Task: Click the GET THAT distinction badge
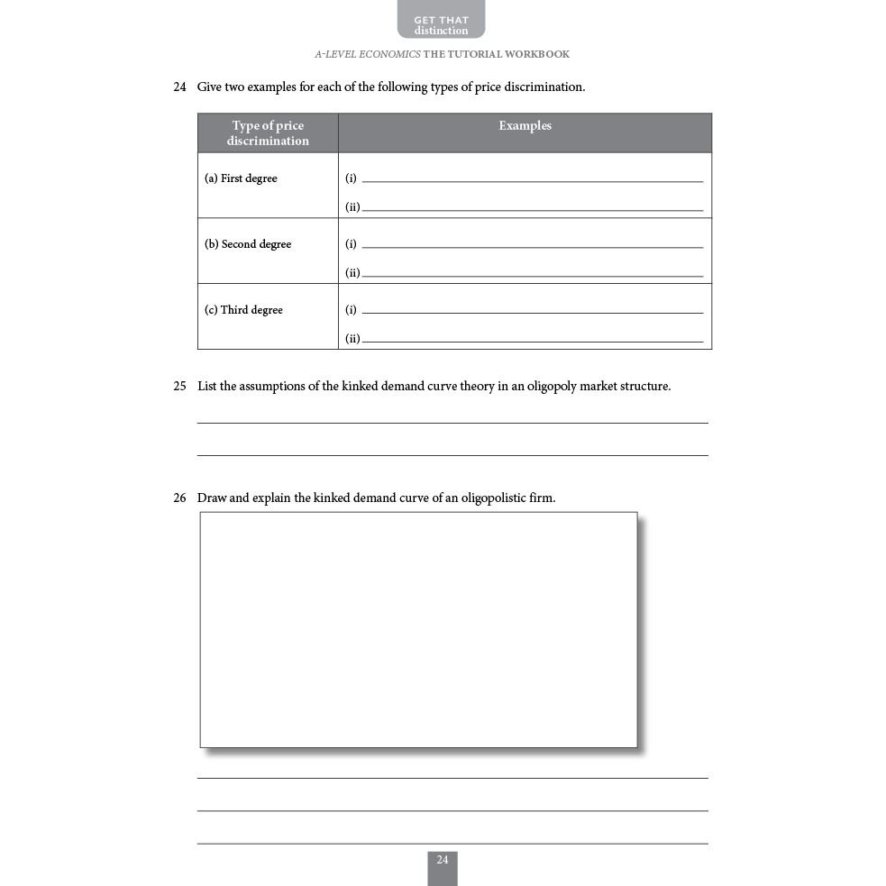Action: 441,24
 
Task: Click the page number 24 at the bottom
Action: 442,861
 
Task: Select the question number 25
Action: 179,387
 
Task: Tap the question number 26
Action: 179,498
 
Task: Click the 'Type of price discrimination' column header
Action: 268,133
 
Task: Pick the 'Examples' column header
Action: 525,126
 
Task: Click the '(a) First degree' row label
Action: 241,178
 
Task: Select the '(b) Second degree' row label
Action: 248,244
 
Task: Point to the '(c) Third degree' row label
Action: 243,310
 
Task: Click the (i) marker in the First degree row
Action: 351,178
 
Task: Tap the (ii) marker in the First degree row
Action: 352,207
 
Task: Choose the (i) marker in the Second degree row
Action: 351,244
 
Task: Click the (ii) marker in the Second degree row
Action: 352,273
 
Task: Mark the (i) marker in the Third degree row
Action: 351,310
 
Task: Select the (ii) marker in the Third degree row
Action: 352,339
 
